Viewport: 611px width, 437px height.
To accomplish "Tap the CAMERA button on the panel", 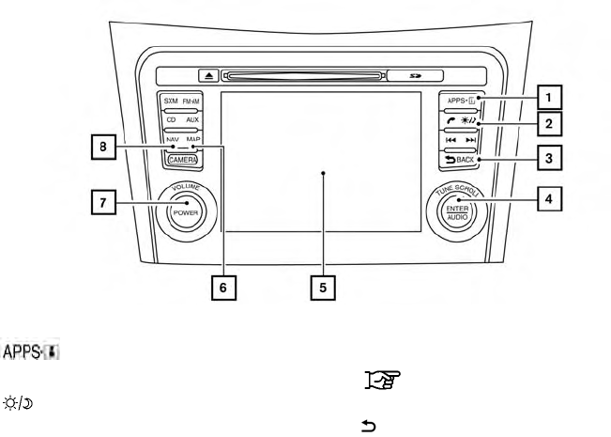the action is coord(183,161).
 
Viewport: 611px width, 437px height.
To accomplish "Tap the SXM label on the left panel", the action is coord(170,101).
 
